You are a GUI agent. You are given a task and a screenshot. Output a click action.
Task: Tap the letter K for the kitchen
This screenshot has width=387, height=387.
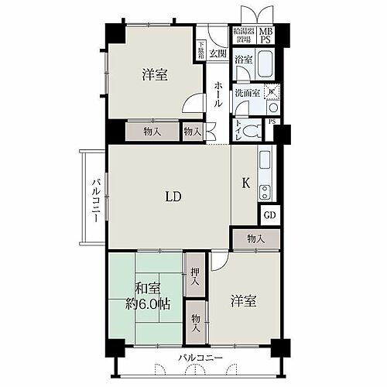point(246,183)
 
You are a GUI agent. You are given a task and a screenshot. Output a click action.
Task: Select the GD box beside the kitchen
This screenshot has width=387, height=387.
point(269,216)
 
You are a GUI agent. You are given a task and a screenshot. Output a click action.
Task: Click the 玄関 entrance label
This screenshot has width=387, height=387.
point(217,53)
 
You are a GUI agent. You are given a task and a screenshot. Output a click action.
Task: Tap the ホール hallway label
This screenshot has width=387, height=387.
point(219,94)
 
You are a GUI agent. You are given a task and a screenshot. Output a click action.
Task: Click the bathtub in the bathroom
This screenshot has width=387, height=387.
point(267,61)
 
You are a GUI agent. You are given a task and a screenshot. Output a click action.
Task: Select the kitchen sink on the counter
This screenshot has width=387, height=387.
point(264,161)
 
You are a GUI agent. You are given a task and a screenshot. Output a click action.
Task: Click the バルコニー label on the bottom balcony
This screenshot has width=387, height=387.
point(200,358)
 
